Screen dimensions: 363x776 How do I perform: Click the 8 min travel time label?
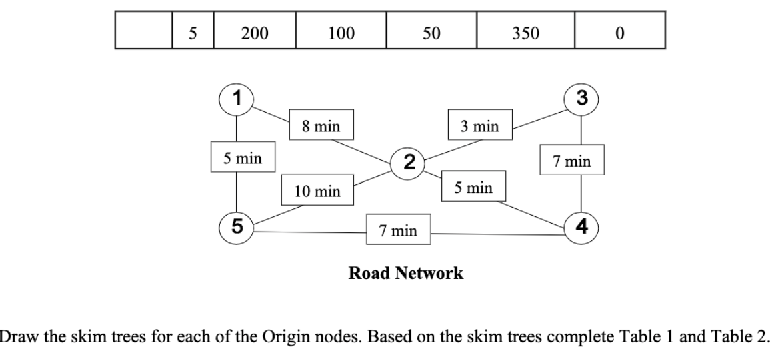(x=316, y=124)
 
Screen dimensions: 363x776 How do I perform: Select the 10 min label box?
(x=318, y=191)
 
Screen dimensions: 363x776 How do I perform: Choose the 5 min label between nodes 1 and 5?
(x=242, y=158)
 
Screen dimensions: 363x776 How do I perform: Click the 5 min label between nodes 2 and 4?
(x=474, y=188)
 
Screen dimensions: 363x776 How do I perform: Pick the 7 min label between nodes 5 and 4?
(x=398, y=230)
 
